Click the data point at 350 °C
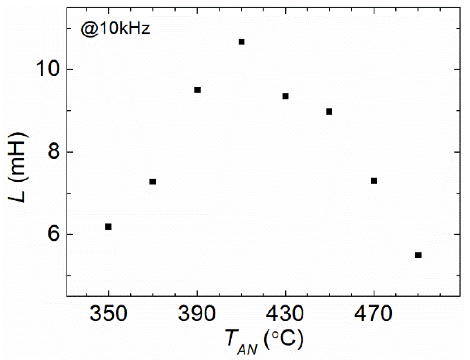[108, 227]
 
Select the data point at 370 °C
[152, 182]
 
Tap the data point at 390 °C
[197, 90]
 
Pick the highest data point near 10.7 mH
[241, 42]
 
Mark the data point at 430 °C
[286, 96]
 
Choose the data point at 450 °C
[329, 112]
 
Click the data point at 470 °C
[374, 181]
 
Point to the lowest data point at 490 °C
[418, 255]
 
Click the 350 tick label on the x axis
[108, 314]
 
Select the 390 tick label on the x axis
[197, 314]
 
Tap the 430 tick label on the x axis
[285, 314]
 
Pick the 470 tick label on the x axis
[373, 314]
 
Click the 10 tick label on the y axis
[48, 69]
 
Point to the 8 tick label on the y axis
[54, 152]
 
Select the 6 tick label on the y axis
[54, 234]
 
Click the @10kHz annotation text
[115, 29]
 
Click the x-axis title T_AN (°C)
[265, 342]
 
